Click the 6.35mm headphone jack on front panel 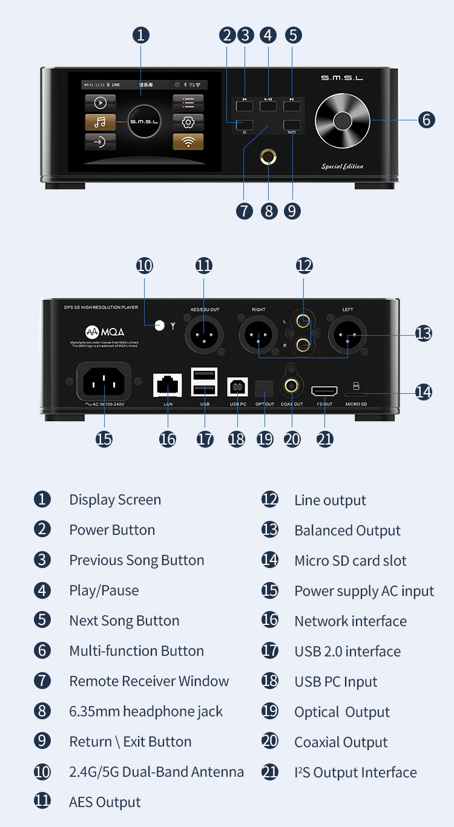coord(268,158)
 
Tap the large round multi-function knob coord(342,120)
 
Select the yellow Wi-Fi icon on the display coord(188,142)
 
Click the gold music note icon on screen coord(100,122)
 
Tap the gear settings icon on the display coord(188,122)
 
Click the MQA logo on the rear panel coord(104,332)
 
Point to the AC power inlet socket coord(104,381)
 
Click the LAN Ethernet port coord(168,385)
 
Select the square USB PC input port coord(237,386)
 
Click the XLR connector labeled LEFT coord(347,335)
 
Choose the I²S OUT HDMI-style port coord(324,390)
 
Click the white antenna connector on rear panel coord(160,325)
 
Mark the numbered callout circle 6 coord(427,120)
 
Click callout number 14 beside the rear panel coord(424,392)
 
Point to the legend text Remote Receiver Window coord(149,681)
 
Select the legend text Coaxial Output coord(341,742)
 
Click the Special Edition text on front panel coord(342,166)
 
